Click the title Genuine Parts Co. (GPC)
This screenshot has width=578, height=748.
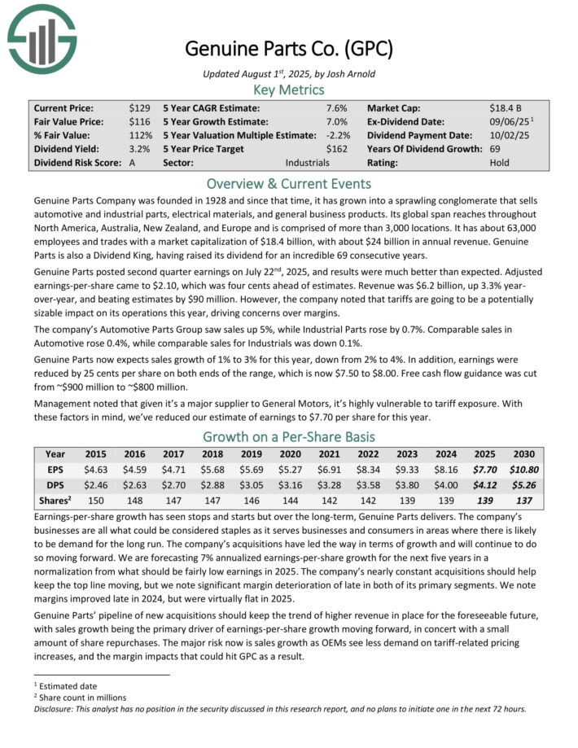click(x=289, y=49)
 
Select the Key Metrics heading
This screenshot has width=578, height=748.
click(x=288, y=90)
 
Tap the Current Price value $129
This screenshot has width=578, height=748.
click(x=138, y=107)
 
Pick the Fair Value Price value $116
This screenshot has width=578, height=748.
click(x=138, y=121)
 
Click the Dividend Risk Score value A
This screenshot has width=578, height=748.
click(x=133, y=163)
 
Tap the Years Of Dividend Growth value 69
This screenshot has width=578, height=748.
click(x=496, y=149)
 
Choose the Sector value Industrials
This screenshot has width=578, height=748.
click(x=307, y=163)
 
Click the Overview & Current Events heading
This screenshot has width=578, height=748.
click(x=288, y=183)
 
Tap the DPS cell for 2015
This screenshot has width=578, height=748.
click(x=96, y=485)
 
